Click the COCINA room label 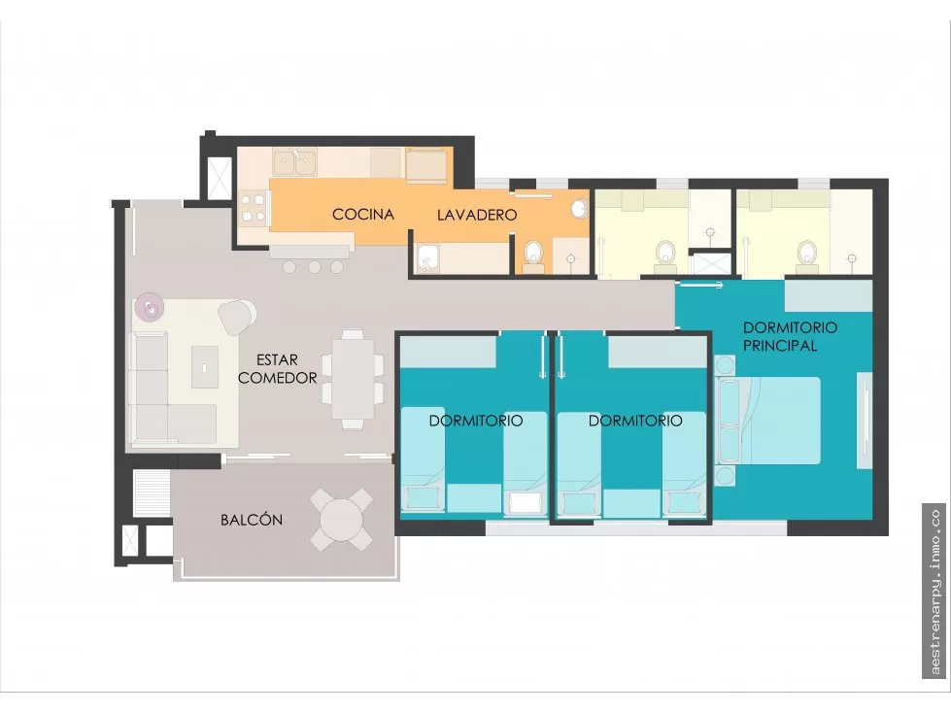tap(363, 214)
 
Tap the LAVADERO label tap(477, 215)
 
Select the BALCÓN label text tap(252, 520)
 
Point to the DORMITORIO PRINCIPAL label tap(790, 336)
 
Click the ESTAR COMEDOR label tap(278, 368)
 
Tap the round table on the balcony tap(342, 519)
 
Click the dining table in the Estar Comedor tap(353, 378)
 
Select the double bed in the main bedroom tap(768, 421)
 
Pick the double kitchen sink tap(294, 162)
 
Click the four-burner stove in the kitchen tap(254, 208)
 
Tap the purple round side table tap(149, 307)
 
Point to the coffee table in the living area tap(205, 367)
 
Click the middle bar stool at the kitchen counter tap(314, 267)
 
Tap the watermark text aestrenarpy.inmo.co tap(934, 592)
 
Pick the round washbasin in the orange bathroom tap(580, 208)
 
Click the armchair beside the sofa tap(237, 316)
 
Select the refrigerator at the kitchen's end tap(426, 164)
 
